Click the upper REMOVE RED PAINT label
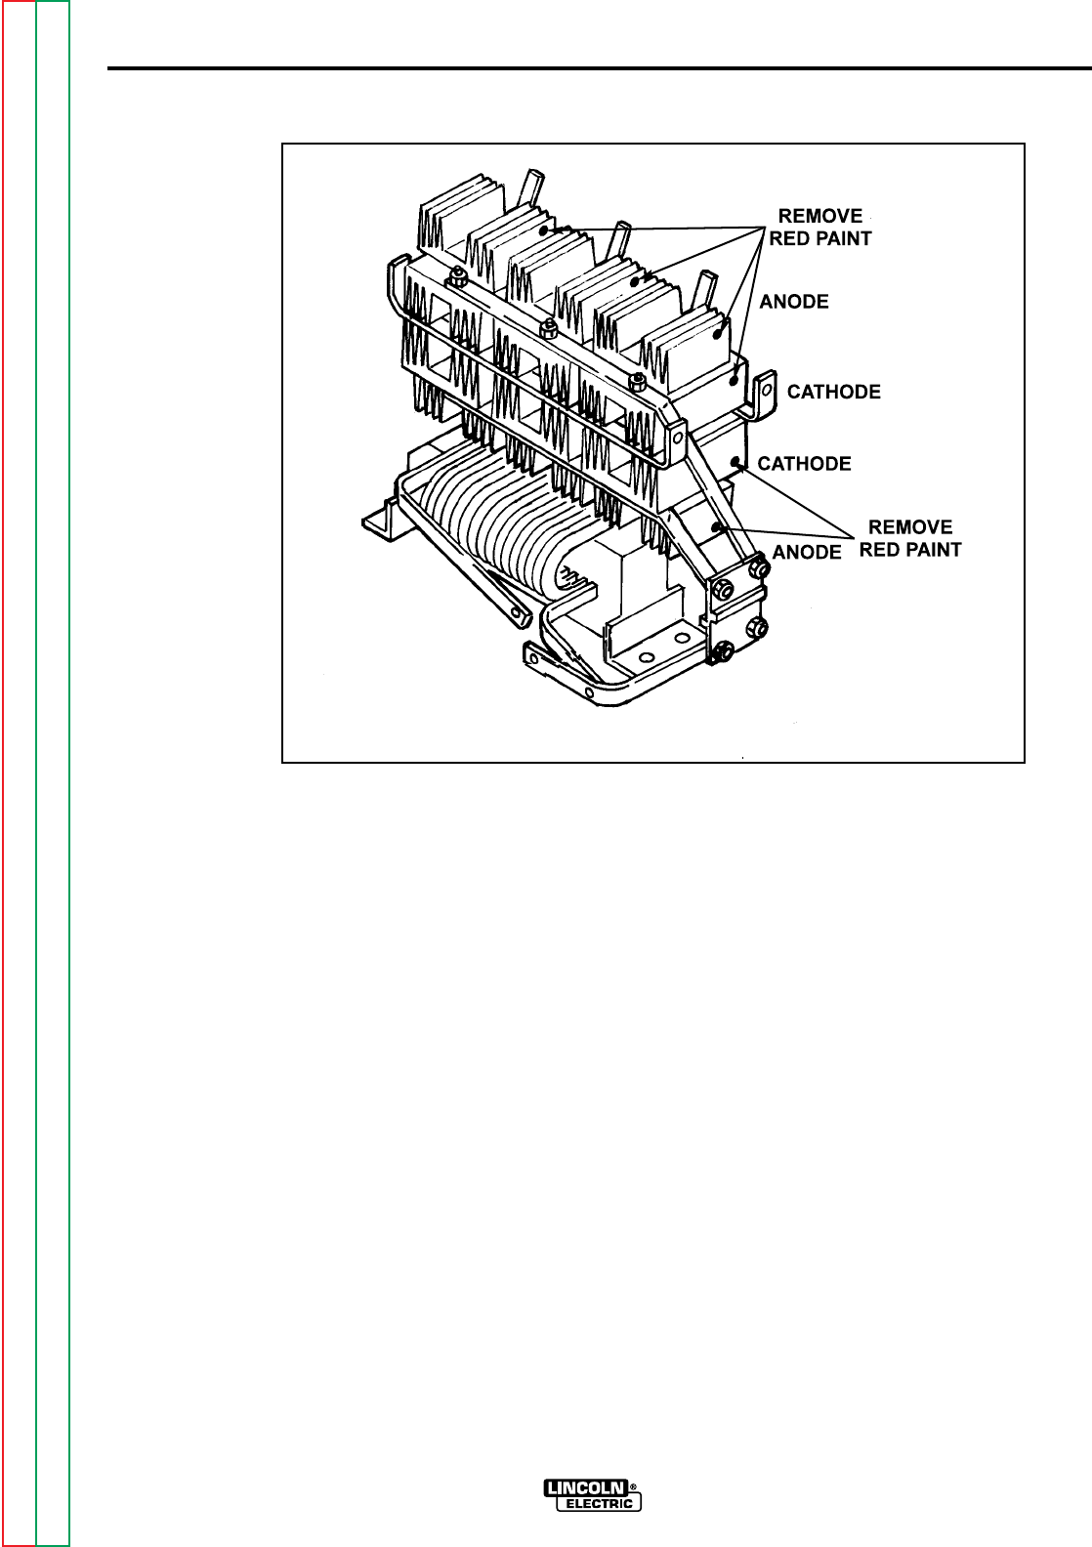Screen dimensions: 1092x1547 (x=819, y=227)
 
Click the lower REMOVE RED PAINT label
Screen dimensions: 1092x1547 (x=909, y=538)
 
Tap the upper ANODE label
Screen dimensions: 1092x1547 (x=794, y=302)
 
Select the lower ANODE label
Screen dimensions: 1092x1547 (x=807, y=552)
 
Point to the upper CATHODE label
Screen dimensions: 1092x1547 (x=834, y=392)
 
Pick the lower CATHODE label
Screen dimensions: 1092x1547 (x=805, y=463)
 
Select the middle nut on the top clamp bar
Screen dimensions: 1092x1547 (x=550, y=324)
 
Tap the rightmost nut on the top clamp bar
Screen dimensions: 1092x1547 (x=637, y=378)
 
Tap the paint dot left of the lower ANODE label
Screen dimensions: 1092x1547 (x=718, y=526)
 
